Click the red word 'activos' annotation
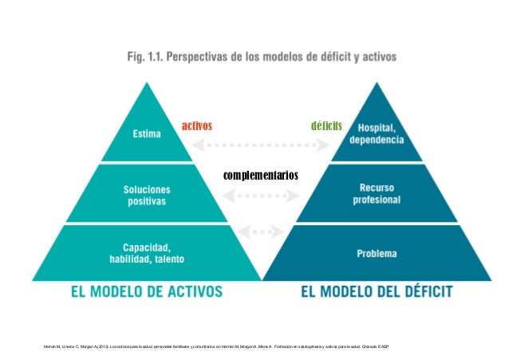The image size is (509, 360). point(196,127)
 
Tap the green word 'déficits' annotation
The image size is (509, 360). point(326,127)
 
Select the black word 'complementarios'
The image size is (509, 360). point(261,175)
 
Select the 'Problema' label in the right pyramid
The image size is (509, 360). point(377,253)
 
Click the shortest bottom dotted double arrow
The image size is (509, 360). point(262,231)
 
